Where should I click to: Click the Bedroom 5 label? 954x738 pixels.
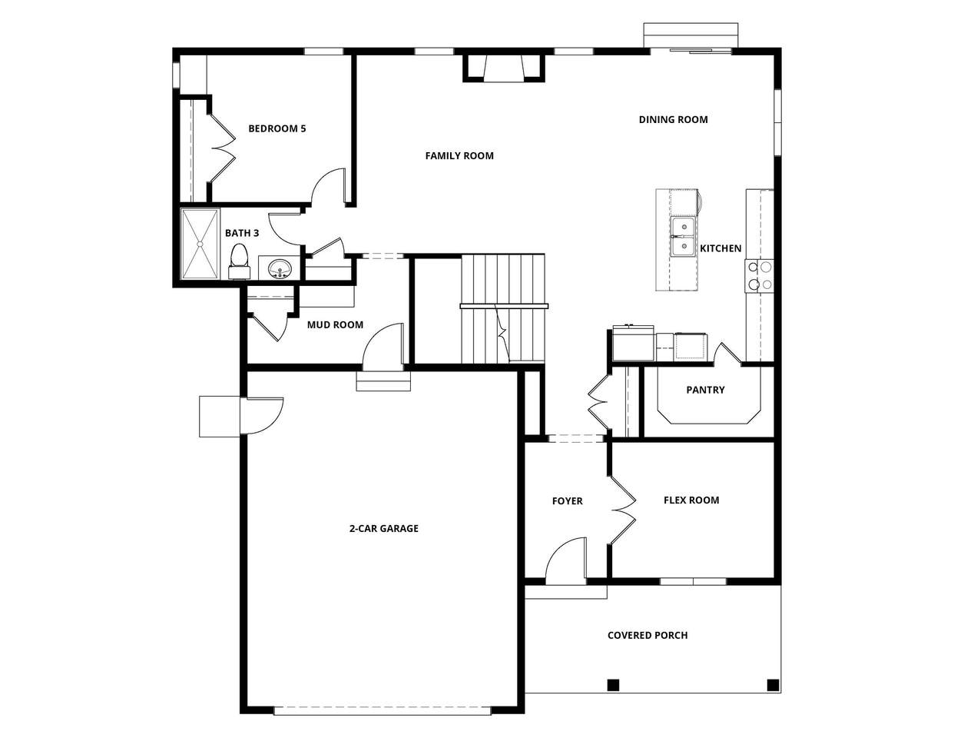pos(277,128)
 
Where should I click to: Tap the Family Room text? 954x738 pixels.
pos(459,155)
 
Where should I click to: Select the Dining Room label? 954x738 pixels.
pos(673,119)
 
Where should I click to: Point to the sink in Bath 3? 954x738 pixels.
pos(280,269)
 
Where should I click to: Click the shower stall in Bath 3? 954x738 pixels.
pos(200,244)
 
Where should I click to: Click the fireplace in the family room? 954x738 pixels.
pos(504,68)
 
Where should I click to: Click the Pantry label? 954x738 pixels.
pos(705,390)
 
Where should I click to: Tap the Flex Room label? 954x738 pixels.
pos(691,500)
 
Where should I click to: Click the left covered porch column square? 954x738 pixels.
pos(613,684)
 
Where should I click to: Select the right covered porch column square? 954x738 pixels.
pos(773,684)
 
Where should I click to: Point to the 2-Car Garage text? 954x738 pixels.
pos(384,528)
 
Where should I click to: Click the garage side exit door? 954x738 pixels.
pos(261,416)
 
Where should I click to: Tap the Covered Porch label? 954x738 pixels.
pos(648,635)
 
